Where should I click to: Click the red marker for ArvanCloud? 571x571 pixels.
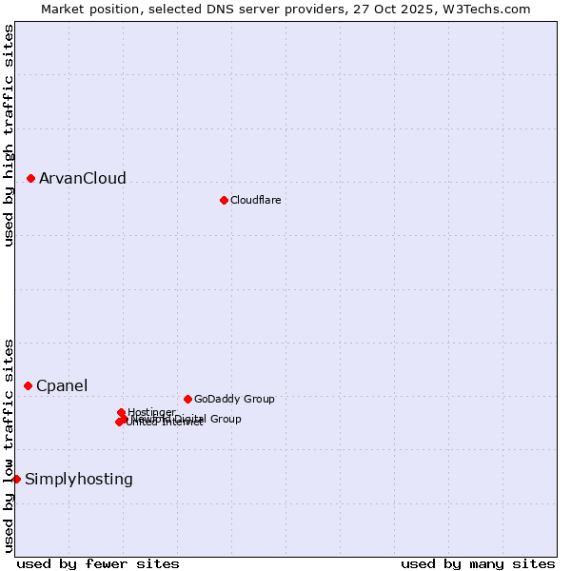point(31,178)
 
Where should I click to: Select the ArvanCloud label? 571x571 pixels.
point(82,179)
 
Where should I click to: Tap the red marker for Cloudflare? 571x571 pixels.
point(224,200)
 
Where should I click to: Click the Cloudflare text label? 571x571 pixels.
point(255,200)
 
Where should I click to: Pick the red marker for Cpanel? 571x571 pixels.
point(29,385)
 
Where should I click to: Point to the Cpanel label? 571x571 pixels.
point(62,385)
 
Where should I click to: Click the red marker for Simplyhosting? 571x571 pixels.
point(17,479)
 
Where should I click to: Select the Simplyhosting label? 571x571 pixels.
point(79,480)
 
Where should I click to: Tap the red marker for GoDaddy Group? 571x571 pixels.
point(187,399)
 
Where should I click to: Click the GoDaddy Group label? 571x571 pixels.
point(234,399)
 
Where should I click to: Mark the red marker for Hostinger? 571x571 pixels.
point(121,412)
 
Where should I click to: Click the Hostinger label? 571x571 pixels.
point(151,412)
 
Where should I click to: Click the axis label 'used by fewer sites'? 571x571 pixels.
point(98,563)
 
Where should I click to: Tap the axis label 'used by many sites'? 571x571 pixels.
point(478,563)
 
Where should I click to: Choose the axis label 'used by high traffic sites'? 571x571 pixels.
point(9,136)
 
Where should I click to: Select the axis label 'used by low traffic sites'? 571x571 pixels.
point(9,444)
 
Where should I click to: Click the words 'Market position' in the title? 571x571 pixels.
point(84,9)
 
